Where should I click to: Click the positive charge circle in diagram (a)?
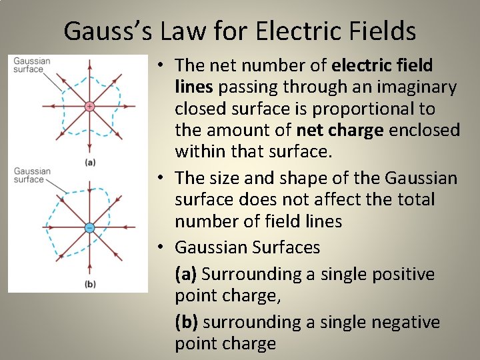click(x=89, y=106)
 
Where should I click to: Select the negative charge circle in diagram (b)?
click(x=89, y=227)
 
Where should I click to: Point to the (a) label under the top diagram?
click(x=89, y=162)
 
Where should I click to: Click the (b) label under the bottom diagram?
click(x=89, y=285)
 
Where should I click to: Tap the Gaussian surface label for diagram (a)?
click(x=31, y=65)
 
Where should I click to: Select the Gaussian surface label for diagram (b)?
click(x=31, y=175)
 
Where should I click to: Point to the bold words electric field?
click(x=382, y=65)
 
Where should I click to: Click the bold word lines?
click(x=194, y=87)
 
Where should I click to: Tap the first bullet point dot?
click(x=162, y=66)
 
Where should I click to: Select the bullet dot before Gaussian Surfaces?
click(x=162, y=248)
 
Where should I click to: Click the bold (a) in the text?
click(x=186, y=275)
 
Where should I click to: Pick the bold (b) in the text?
click(x=187, y=323)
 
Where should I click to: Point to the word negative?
click(x=406, y=323)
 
